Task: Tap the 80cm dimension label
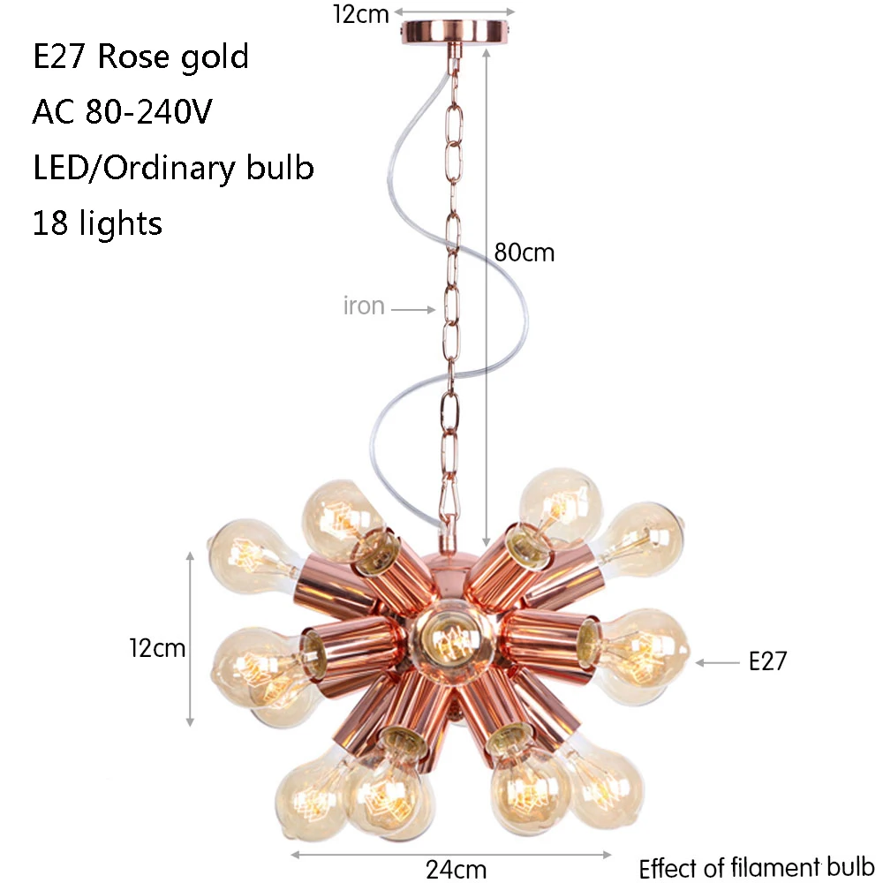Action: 525,253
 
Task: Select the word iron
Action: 364,306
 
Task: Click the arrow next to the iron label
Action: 413,309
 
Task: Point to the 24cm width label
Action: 457,869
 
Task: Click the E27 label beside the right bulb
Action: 767,661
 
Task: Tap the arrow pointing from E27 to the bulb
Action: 717,663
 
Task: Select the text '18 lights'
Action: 97,223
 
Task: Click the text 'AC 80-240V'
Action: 122,111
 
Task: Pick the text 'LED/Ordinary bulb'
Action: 173,167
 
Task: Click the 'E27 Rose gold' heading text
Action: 140,57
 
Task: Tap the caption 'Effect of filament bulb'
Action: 757,868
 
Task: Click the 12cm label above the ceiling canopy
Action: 361,14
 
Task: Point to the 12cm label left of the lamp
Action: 157,648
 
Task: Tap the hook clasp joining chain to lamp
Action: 449,505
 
